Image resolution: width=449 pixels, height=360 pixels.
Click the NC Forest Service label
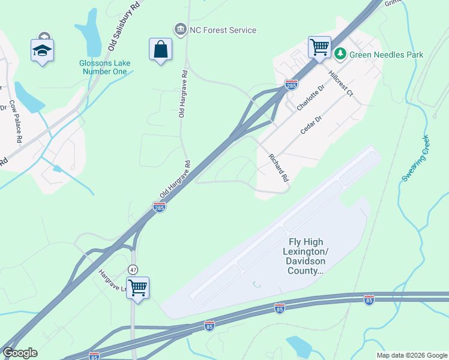tap(223, 30)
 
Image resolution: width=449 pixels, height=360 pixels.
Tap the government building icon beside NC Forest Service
tap(179, 29)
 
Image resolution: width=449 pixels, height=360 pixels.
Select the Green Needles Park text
tap(387, 55)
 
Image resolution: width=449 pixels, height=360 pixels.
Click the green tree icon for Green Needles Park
tap(340, 55)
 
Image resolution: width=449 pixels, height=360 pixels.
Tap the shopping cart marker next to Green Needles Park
tap(319, 47)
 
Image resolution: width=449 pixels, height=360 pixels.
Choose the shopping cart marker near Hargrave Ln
tap(137, 287)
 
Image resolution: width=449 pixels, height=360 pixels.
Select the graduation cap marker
tap(42, 50)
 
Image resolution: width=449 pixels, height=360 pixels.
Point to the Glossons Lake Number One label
tap(104, 67)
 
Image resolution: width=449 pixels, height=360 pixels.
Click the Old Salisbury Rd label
tap(124, 25)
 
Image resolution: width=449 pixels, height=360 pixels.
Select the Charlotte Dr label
tap(310, 97)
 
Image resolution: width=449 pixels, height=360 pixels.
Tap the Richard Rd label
tap(279, 167)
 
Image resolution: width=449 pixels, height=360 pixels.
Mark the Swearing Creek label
tap(416, 158)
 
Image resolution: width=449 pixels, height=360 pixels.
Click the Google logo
tap(20, 353)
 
